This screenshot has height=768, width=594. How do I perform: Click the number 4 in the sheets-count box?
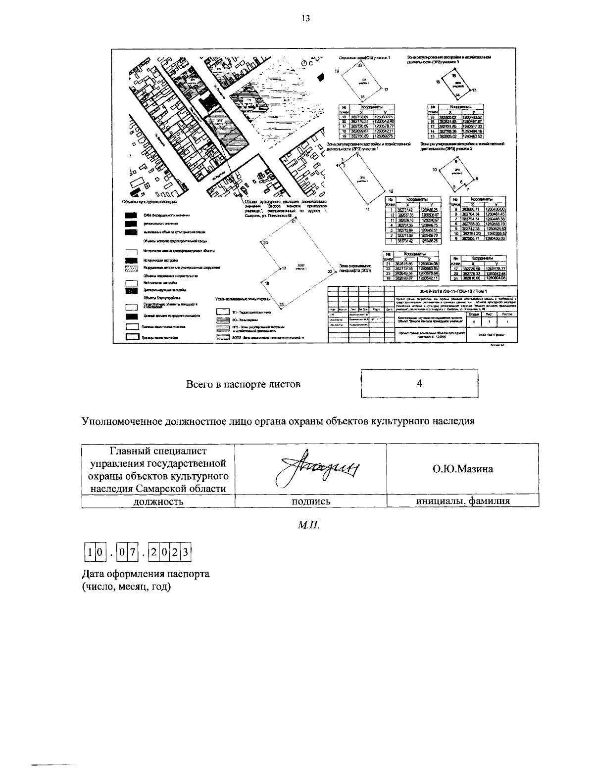point(419,383)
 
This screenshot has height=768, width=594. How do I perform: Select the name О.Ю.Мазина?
point(463,469)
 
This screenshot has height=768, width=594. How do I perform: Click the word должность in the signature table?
point(158,501)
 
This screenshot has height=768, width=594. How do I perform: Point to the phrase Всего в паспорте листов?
point(243,384)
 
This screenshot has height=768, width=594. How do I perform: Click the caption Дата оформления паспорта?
point(146,574)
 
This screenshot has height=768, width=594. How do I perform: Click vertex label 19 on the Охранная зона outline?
point(337,72)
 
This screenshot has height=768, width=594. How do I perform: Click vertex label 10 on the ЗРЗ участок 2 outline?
point(434,170)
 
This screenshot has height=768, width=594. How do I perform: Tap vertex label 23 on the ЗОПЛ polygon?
point(281,305)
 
